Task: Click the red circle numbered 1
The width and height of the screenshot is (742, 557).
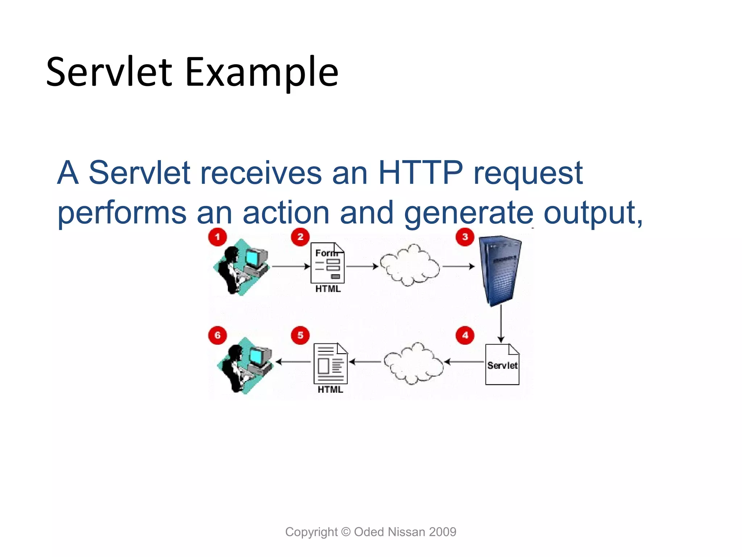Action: click(x=217, y=237)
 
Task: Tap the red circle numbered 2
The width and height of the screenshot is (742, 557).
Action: click(x=300, y=237)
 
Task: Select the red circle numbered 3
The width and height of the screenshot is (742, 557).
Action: click(x=465, y=237)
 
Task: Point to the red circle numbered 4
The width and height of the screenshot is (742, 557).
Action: click(x=465, y=335)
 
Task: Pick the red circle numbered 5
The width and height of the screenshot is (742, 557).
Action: click(x=300, y=335)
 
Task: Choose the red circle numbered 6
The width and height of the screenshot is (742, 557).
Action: click(x=217, y=335)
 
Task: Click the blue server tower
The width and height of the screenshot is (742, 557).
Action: click(x=501, y=270)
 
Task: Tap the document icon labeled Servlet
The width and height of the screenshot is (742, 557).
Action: click(x=502, y=364)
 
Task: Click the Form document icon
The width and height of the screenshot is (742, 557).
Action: click(x=328, y=263)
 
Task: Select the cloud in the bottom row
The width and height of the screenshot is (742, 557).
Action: click(x=413, y=363)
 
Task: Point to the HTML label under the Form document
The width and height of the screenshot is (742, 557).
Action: click(x=328, y=289)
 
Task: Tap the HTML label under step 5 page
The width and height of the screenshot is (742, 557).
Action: click(x=330, y=390)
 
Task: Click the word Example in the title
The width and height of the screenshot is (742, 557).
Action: click(x=262, y=72)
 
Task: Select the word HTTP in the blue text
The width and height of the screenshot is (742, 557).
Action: click(x=421, y=173)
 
